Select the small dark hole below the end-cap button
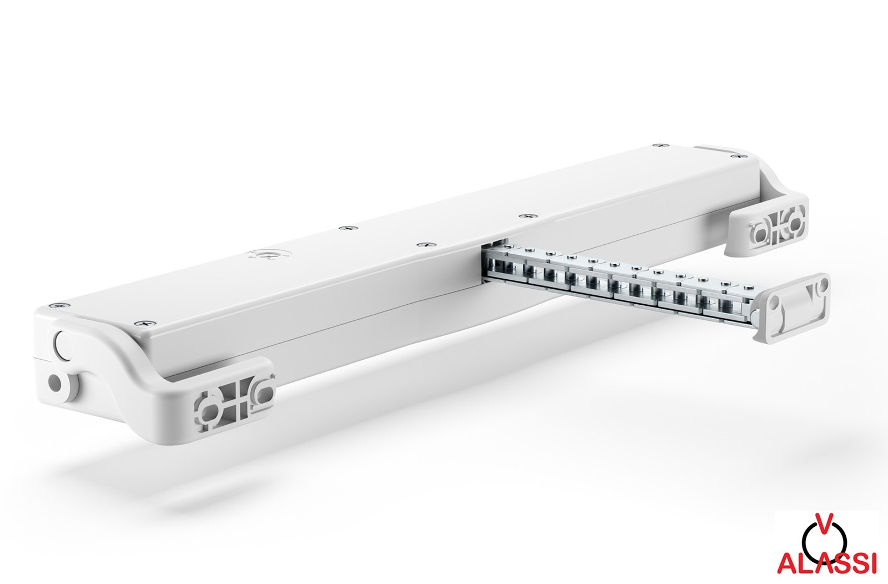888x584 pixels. (55, 381)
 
